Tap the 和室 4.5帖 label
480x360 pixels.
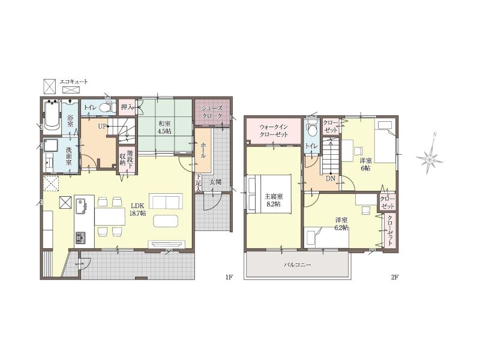(164, 128)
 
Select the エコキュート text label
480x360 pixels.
(74, 82)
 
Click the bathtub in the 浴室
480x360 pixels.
(52, 116)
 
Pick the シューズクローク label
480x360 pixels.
(212, 112)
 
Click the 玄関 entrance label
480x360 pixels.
(215, 182)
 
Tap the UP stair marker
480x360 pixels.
(102, 126)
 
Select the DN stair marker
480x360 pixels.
(331, 178)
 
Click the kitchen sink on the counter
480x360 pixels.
(81, 205)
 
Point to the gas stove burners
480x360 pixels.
(81, 238)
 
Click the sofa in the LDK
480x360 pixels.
(166, 201)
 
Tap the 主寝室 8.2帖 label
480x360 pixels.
(274, 200)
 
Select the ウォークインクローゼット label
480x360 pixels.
(274, 131)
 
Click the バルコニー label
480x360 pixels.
(297, 265)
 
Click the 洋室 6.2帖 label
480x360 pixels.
(341, 224)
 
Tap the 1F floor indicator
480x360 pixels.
(229, 277)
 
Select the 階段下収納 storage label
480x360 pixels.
(126, 158)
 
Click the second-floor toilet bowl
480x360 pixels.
(311, 130)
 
